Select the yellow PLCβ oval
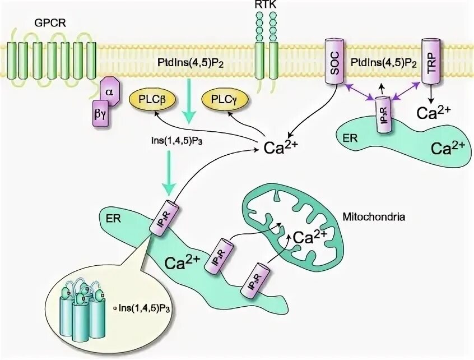pyautogui.click(x=152, y=100)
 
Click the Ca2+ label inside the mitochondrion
pyautogui.click(x=310, y=236)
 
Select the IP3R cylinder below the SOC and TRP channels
pyautogui.click(x=385, y=116)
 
